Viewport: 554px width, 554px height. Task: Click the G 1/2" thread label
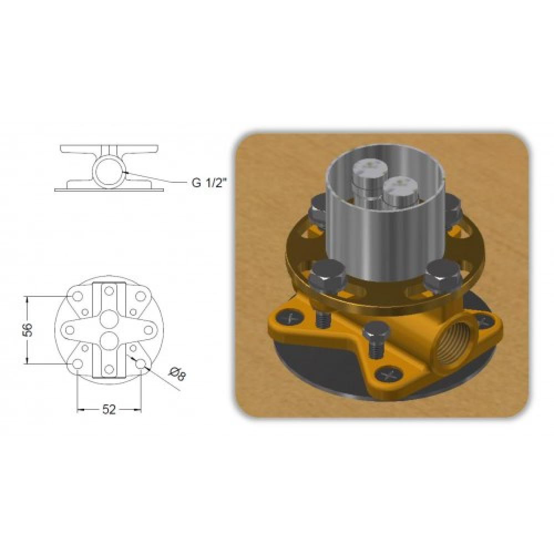(208, 183)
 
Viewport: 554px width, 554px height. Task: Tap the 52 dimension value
(109, 409)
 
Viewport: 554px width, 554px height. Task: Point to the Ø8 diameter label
(177, 374)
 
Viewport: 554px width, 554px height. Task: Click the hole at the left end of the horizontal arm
(70, 330)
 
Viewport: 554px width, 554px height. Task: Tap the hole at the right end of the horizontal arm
(148, 330)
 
